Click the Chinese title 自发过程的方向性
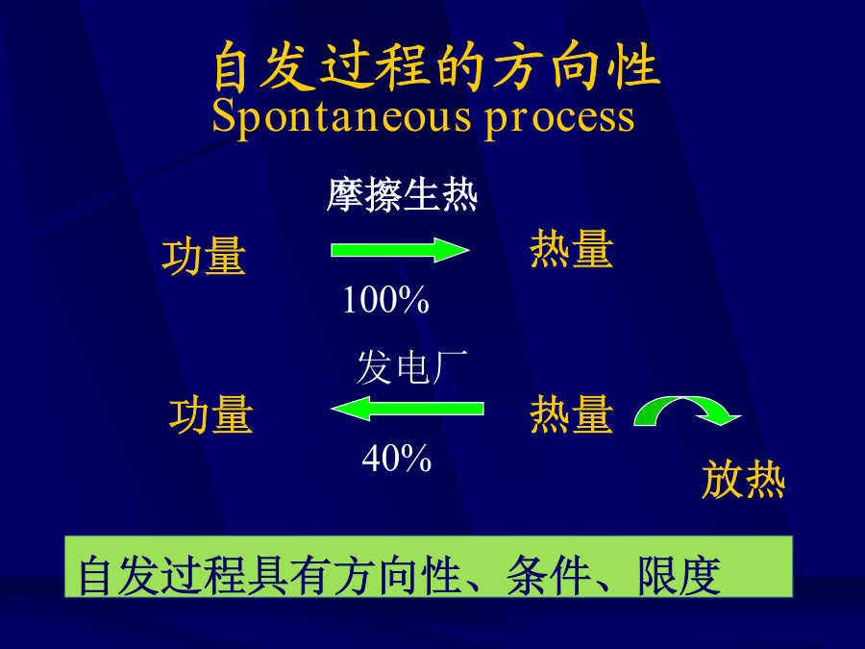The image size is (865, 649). click(436, 66)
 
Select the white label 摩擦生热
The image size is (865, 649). click(402, 195)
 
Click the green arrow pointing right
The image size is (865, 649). click(400, 251)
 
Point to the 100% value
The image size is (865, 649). click(385, 300)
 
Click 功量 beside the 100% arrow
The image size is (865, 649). click(204, 256)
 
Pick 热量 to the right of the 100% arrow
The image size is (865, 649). click(572, 249)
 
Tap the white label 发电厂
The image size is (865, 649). click(411, 367)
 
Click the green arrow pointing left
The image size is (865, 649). click(408, 409)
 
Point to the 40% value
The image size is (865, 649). click(396, 458)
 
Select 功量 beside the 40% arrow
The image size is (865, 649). click(211, 414)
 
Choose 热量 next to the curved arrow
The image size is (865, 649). click(572, 413)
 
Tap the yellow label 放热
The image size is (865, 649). click(743, 480)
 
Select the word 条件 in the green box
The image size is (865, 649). click(548, 576)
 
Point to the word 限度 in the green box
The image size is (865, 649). click(680, 576)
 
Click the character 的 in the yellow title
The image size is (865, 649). click(460, 66)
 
